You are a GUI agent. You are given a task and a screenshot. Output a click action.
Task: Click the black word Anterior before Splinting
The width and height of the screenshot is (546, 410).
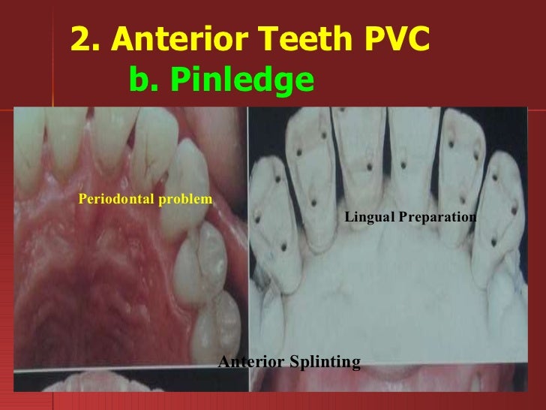[x=250, y=363]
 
